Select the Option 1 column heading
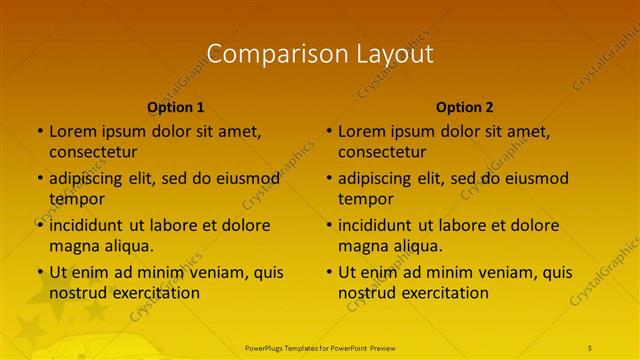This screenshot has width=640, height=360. pos(176,107)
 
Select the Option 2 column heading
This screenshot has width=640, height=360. pos(465,107)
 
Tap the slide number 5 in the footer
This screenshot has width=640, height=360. pos(591,347)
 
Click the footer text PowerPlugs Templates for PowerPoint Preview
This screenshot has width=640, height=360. pos(320,347)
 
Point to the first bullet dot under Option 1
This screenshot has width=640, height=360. pos(39,131)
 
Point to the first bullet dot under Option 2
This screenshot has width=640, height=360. pos(328,131)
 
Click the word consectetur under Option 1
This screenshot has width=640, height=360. pos(93,152)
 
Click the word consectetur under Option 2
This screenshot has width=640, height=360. pos(382,152)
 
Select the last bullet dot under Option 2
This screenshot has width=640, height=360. pos(328,272)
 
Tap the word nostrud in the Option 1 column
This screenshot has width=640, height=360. pos(77,293)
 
